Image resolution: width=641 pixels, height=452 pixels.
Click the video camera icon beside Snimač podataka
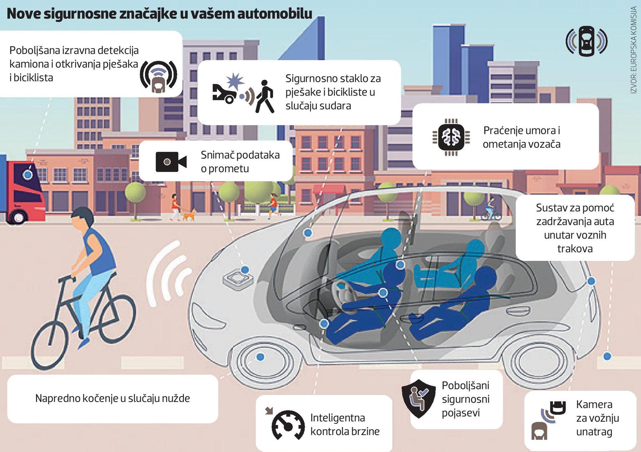pos(171,162)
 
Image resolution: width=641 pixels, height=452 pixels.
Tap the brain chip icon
pos(451,136)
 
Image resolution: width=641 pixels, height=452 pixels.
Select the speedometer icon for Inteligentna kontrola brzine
pos(288,425)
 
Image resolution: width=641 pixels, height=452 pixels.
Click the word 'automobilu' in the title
pos(275,13)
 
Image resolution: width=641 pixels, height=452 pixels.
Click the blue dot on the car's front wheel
pos(260,357)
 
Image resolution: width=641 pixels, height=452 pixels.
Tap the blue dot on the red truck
pos(28,175)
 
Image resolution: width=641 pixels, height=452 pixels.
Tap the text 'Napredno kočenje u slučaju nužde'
pos(112,398)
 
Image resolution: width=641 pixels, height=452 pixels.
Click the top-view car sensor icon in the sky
pos(586,41)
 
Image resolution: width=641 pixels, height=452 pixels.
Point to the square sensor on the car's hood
pos(239,279)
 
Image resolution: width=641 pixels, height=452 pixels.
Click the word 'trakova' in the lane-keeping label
pos(575,249)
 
